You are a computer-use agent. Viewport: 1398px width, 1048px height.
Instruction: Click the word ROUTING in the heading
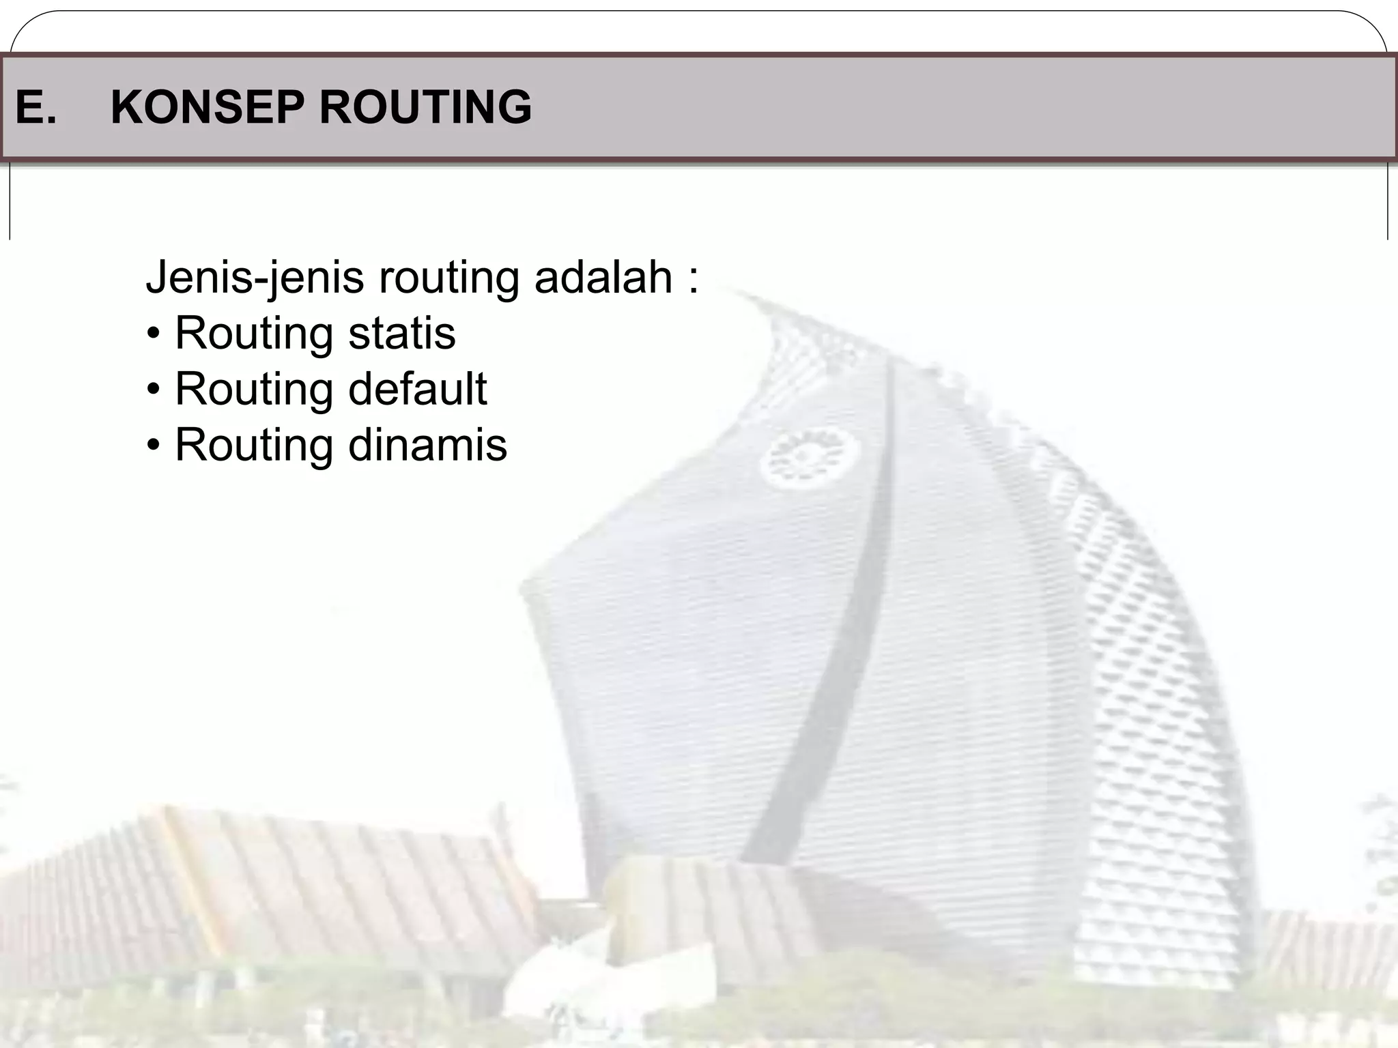(425, 107)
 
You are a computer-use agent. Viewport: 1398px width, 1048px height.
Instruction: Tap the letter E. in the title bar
(35, 107)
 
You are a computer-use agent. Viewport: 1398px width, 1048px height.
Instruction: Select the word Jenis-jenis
(255, 278)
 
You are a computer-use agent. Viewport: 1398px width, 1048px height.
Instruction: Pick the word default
(417, 389)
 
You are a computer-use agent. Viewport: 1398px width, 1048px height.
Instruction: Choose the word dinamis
(427, 445)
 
